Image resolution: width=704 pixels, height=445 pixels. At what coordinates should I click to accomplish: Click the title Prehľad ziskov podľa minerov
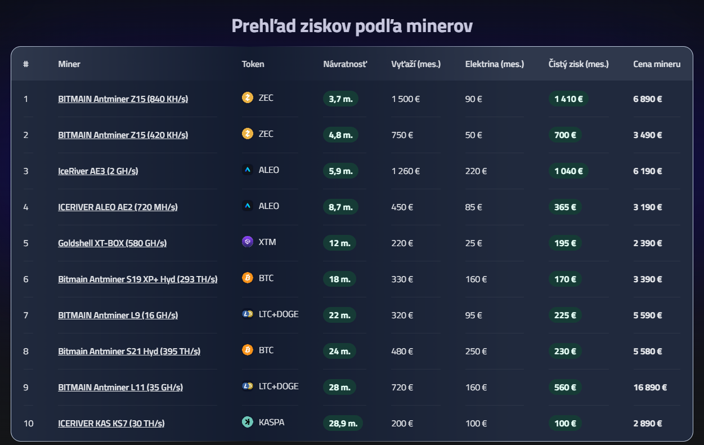[352, 26]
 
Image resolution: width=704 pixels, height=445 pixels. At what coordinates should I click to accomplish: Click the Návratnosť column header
[345, 64]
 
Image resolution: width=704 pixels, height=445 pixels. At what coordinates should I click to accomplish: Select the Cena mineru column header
[657, 64]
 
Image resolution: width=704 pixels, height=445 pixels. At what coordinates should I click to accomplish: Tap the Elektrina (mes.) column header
[494, 64]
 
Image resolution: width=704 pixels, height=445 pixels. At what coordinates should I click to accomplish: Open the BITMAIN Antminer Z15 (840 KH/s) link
[123, 99]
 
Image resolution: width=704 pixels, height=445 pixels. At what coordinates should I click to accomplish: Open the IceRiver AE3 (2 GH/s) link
[98, 171]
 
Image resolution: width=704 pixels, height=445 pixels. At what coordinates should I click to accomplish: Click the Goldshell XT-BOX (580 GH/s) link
[112, 243]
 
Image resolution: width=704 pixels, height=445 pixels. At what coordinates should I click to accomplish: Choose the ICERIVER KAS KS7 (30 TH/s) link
[111, 424]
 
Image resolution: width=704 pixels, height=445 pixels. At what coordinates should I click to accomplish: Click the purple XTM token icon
[248, 242]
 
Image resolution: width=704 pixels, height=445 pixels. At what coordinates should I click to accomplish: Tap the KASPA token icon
[248, 422]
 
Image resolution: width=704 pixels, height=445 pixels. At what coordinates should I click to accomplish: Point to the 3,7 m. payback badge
[340, 99]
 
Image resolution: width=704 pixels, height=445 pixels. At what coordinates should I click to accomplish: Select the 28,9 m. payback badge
[343, 424]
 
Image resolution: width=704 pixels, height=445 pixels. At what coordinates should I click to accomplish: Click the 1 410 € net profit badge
[568, 99]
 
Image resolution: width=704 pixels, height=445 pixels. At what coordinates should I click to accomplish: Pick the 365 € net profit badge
[565, 207]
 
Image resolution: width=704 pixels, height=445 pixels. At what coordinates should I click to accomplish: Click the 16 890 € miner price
[650, 388]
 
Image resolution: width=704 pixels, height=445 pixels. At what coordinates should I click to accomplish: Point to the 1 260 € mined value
[405, 171]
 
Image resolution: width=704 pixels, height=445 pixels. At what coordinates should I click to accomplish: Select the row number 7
[26, 315]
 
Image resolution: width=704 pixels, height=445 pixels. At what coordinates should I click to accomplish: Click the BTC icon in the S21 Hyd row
[248, 350]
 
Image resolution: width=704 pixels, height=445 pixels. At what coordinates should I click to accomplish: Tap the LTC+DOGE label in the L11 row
[279, 386]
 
